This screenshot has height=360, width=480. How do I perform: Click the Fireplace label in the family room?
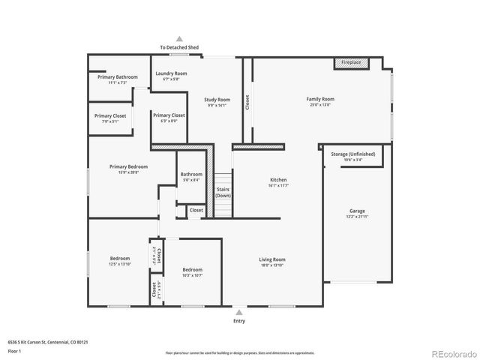coord(351,63)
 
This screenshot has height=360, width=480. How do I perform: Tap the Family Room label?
coord(319,99)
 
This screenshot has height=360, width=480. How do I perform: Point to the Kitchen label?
coord(278,180)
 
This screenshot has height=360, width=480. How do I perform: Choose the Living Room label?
coord(272,259)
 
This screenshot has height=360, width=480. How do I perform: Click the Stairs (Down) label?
coord(222,192)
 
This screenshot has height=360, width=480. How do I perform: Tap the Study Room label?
coord(217,99)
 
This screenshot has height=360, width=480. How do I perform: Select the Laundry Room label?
coord(170,73)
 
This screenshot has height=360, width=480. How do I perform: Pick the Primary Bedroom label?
coord(128,166)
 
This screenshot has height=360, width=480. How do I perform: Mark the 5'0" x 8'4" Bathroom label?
coord(190,175)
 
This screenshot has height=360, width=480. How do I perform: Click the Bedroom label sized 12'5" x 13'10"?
coord(120,259)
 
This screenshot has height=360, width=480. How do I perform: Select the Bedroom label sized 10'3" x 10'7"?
coord(192,269)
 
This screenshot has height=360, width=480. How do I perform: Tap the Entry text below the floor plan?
coord(239,320)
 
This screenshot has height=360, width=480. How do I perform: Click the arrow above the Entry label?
coord(239,311)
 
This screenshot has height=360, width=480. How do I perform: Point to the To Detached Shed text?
coord(178,47)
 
